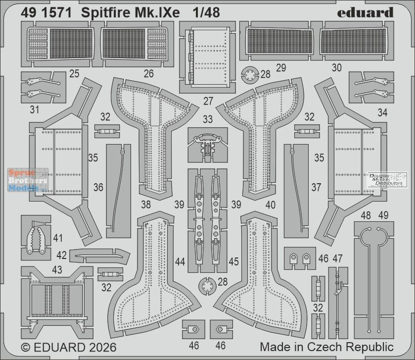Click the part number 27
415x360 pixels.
[x=208, y=101]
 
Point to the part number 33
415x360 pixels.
[x=208, y=119]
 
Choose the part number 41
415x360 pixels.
[x=58, y=239]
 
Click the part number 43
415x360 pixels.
[x=57, y=269]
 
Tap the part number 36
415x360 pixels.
[x=98, y=187]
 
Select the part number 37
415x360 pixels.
[x=316, y=187]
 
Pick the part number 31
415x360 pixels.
[x=34, y=110]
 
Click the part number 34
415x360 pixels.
[x=382, y=113]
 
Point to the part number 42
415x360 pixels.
[x=61, y=256]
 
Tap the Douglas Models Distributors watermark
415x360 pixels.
[x=388, y=179]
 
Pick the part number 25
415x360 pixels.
[x=75, y=74]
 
